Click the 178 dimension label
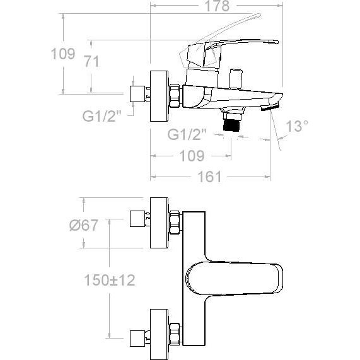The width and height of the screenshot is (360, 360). tap(217, 6)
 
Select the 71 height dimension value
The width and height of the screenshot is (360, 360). tap(92, 62)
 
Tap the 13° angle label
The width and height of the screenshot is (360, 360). tap(297, 126)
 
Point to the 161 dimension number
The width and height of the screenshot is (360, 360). tap(209, 177)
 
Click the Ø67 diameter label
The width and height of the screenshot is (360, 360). tap(84, 225)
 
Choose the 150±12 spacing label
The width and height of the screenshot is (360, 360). tap(110, 280)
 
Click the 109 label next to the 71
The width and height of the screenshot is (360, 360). tap(63, 54)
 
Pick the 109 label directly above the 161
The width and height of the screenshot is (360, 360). tap(192, 156)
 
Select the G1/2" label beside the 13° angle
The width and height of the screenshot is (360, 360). tap(187, 134)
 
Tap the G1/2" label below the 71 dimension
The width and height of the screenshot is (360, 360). tap(102, 117)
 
